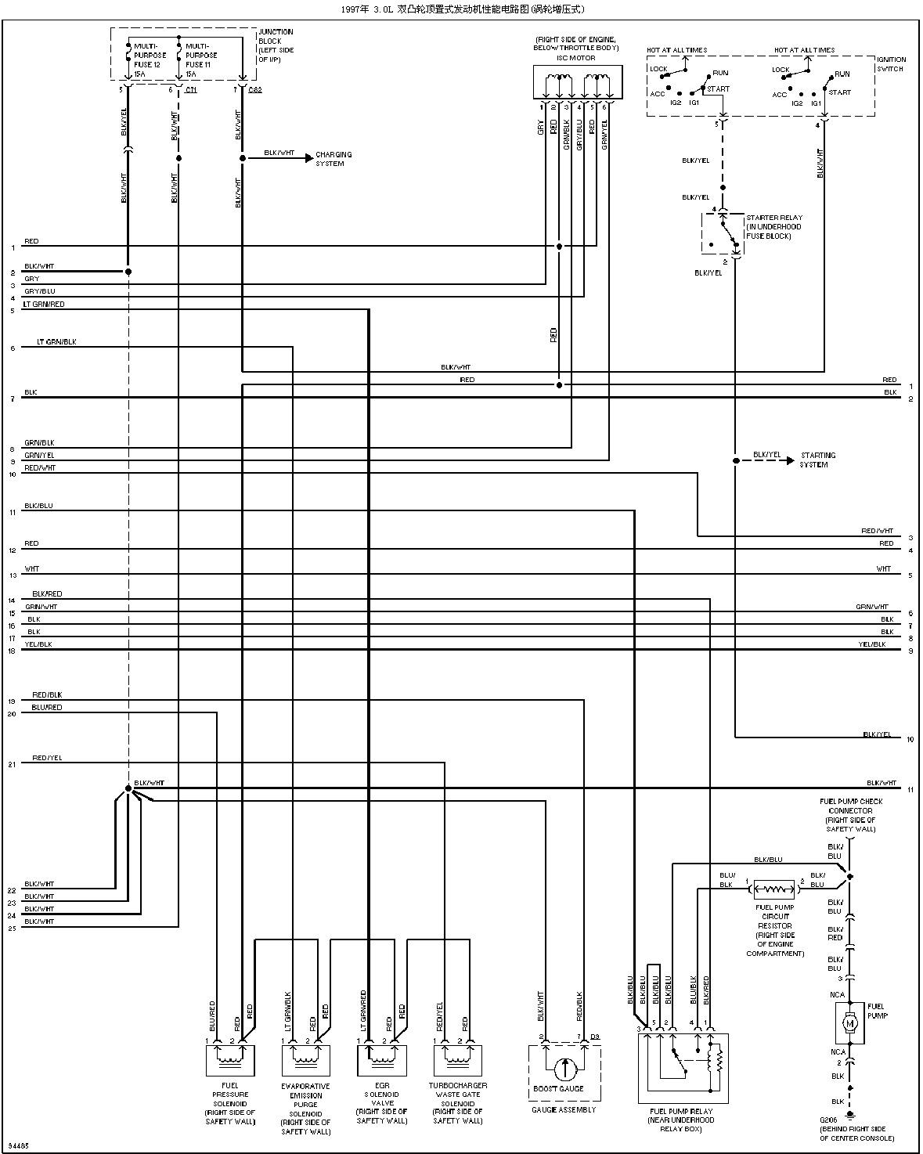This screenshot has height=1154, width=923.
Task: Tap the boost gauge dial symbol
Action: (x=564, y=1069)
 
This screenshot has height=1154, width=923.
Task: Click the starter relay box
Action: (x=722, y=233)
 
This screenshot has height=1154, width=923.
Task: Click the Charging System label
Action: (x=334, y=159)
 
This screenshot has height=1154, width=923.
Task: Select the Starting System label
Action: (x=817, y=460)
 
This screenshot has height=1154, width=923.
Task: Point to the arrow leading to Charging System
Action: (x=308, y=158)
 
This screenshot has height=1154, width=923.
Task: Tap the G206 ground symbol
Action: (x=849, y=1115)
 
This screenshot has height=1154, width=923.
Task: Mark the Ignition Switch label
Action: (x=892, y=64)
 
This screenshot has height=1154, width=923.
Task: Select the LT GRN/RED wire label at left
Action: (x=44, y=305)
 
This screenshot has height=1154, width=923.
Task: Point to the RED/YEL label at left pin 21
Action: (x=47, y=759)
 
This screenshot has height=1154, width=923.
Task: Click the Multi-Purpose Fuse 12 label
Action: (x=149, y=56)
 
